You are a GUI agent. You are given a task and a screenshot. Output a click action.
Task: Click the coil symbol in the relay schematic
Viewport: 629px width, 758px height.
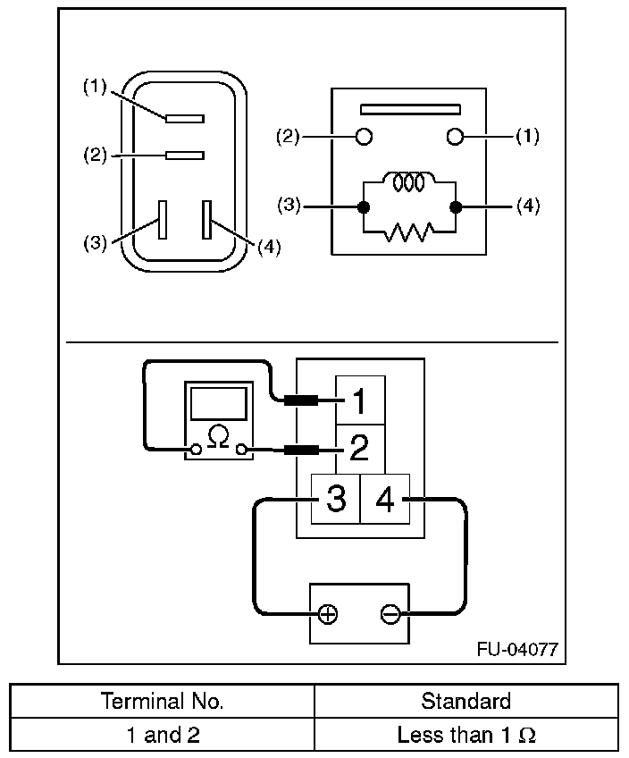pos(408,182)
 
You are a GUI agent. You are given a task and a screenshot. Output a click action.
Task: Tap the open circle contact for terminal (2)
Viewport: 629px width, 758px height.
pos(364,137)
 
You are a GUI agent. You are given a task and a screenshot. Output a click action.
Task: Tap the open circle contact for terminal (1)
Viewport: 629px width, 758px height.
pos(456,137)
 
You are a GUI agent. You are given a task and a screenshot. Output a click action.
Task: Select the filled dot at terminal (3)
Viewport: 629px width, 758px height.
pos(363,207)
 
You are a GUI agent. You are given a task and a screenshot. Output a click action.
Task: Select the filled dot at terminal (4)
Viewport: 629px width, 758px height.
pos(456,207)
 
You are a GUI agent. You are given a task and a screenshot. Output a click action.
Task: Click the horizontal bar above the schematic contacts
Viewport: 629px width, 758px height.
pos(409,110)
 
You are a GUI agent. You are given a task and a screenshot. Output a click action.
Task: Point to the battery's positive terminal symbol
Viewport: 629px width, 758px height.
pos(328,615)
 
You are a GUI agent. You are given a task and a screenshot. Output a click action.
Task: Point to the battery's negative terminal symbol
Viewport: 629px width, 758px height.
pos(390,615)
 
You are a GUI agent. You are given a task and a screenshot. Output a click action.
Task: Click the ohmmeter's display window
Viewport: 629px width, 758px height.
pos(218,403)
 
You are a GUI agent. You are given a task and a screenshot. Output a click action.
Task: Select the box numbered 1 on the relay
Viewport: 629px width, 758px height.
pos(360,401)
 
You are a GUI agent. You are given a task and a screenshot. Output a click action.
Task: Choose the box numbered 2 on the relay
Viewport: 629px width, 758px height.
pos(360,448)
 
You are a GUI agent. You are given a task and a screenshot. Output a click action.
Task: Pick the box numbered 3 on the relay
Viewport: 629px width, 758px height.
pos(335,499)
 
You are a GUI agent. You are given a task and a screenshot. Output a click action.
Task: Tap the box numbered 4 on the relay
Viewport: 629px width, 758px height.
pos(385,499)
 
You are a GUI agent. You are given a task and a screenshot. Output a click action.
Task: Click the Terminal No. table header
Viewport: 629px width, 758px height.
pos(163,701)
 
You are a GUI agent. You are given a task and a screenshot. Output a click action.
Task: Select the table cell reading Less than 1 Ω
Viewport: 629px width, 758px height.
pos(466,735)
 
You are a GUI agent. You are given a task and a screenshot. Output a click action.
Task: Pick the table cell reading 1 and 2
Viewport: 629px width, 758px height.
pos(163,735)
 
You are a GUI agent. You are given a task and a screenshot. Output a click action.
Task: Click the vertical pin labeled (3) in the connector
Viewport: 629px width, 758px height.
pos(162,219)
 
